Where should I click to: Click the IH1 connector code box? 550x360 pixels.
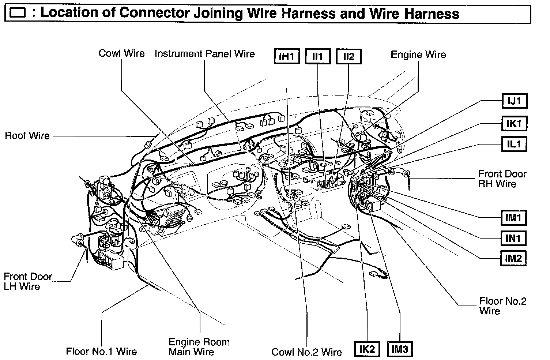click(x=287, y=57)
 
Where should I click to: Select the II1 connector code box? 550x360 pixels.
click(x=318, y=57)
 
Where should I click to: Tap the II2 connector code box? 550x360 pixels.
click(x=349, y=57)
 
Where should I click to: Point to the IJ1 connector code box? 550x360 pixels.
click(x=514, y=101)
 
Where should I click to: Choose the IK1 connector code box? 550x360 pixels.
click(x=514, y=124)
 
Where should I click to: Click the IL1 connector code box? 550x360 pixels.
click(x=514, y=144)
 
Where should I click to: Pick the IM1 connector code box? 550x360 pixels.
click(x=513, y=218)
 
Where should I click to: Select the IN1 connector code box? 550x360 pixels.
click(x=513, y=239)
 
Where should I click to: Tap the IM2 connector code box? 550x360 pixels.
click(x=513, y=258)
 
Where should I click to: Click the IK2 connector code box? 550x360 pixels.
click(x=367, y=349)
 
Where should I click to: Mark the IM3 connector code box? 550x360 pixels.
click(x=399, y=349)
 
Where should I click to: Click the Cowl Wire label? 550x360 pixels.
click(x=122, y=53)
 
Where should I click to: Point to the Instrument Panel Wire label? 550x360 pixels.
click(x=205, y=54)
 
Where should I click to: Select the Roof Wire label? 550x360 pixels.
click(x=27, y=136)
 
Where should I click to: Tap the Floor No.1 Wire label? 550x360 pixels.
click(x=101, y=352)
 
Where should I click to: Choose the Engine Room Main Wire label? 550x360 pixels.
click(x=199, y=347)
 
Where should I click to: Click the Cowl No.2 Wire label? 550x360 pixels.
click(x=306, y=352)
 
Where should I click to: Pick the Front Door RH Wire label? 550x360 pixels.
click(x=502, y=179)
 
